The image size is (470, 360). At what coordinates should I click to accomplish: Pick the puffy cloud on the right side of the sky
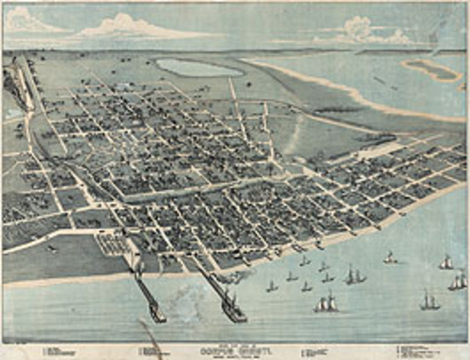pyautogui.click(x=364, y=31)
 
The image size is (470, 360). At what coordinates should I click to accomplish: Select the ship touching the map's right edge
pyautogui.click(x=458, y=281)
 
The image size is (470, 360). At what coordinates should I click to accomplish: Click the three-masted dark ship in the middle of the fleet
pyautogui.click(x=354, y=275)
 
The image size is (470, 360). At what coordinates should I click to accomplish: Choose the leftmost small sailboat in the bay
pyautogui.click(x=272, y=286)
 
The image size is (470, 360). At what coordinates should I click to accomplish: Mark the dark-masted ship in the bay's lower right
pyautogui.click(x=429, y=301)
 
